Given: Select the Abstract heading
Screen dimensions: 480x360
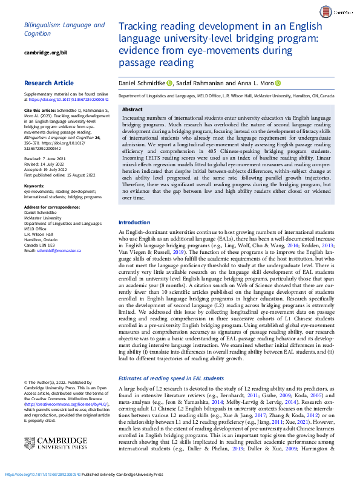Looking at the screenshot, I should (x=133, y=109).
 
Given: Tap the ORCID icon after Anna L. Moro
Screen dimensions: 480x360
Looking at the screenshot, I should (x=278, y=83).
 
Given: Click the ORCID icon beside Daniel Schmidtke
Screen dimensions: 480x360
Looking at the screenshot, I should (x=170, y=83).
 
